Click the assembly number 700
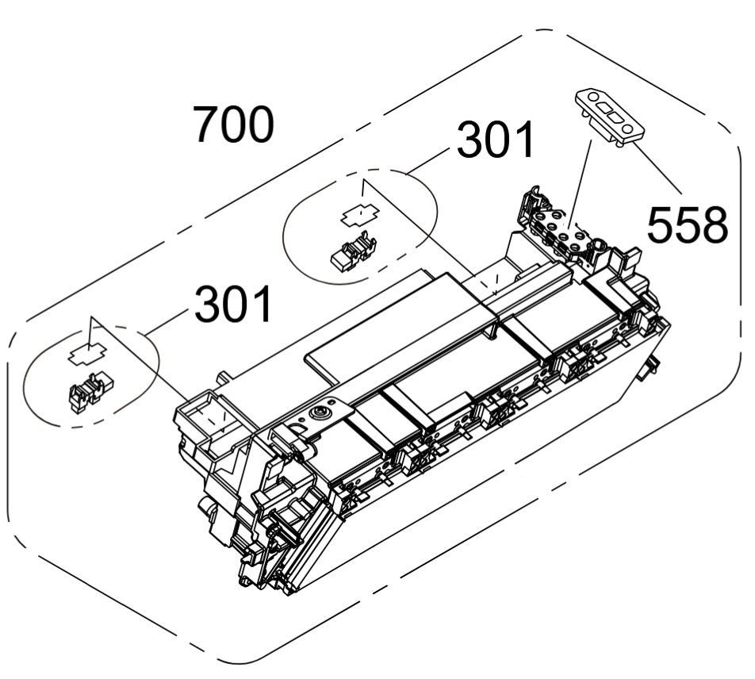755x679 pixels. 234,125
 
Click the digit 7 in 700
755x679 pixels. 208,125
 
